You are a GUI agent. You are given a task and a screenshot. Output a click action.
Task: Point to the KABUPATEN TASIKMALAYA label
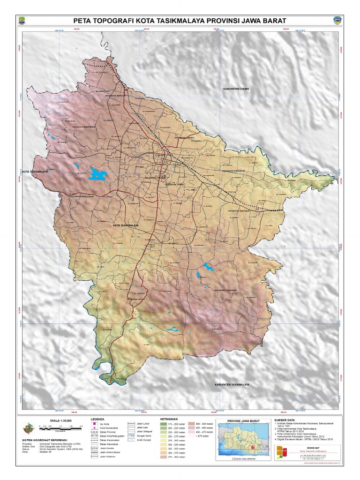[x=232, y=384]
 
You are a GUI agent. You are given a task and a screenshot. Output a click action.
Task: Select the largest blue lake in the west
[x=98, y=174]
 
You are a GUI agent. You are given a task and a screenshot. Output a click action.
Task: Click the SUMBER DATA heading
[x=285, y=420]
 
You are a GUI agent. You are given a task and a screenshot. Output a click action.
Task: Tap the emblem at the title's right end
[x=337, y=21]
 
